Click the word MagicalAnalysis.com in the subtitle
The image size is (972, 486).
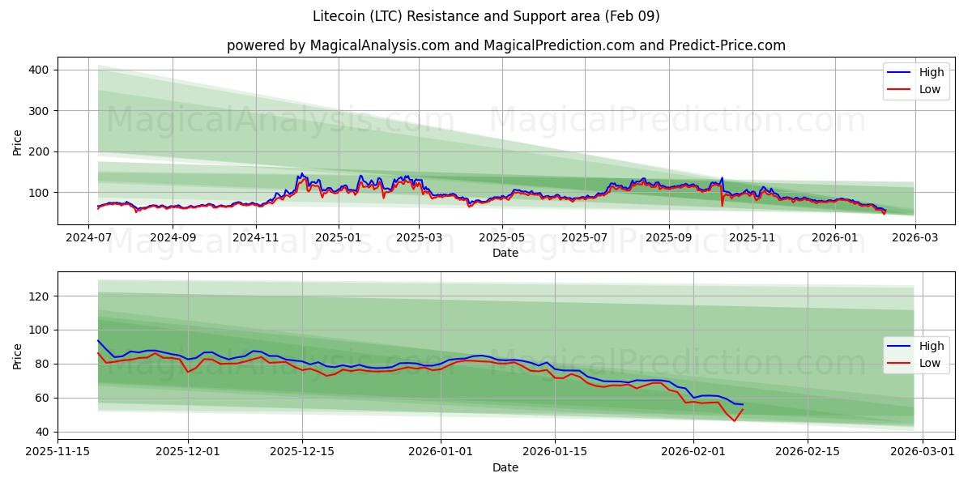[x=380, y=45]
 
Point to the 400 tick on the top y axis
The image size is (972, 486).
[x=39, y=70]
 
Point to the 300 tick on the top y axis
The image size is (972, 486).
[x=39, y=111]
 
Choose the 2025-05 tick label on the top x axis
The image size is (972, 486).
[x=502, y=238]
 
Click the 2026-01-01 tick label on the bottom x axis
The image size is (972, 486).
[x=441, y=452]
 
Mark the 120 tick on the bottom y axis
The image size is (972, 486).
[x=39, y=296]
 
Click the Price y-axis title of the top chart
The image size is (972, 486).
[x=18, y=141]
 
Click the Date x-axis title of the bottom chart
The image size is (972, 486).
[x=505, y=467]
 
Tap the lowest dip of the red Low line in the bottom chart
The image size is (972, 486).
[x=735, y=421]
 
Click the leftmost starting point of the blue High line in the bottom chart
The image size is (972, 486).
[x=98, y=340]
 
